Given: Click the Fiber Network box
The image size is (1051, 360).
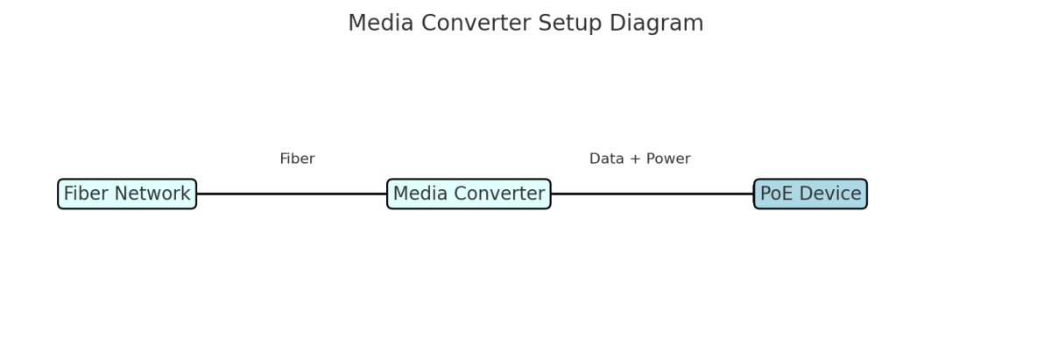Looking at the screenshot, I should [127, 194].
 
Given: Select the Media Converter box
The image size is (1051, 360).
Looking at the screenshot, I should [469, 194].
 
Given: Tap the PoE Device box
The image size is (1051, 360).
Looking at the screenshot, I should [810, 194].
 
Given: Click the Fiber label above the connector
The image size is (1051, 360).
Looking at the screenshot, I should [297, 159].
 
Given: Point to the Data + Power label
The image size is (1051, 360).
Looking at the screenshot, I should [639, 159].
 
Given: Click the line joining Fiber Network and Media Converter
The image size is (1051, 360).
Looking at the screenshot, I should [292, 194].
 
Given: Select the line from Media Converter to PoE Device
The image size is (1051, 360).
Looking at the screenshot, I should [652, 194].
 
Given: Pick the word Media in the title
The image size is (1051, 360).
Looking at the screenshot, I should [377, 24].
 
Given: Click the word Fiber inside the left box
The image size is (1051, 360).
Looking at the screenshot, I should [86, 194].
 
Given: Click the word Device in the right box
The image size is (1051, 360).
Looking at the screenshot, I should [831, 194].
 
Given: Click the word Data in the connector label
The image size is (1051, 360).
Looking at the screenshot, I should [606, 159].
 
